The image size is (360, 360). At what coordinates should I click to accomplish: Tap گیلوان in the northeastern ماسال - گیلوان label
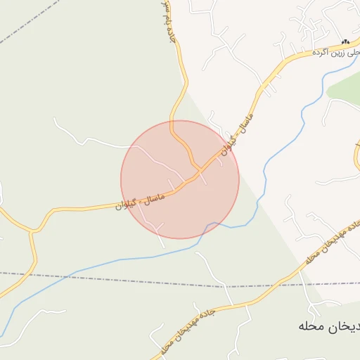click(x=226, y=147)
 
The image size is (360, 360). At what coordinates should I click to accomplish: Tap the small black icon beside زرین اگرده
click(x=344, y=42)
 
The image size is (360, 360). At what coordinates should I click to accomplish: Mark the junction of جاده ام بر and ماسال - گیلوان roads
click(x=199, y=169)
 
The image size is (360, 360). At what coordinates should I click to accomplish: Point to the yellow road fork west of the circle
click(x=32, y=230)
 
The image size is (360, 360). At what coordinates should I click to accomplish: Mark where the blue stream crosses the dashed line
click(x=70, y=274)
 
